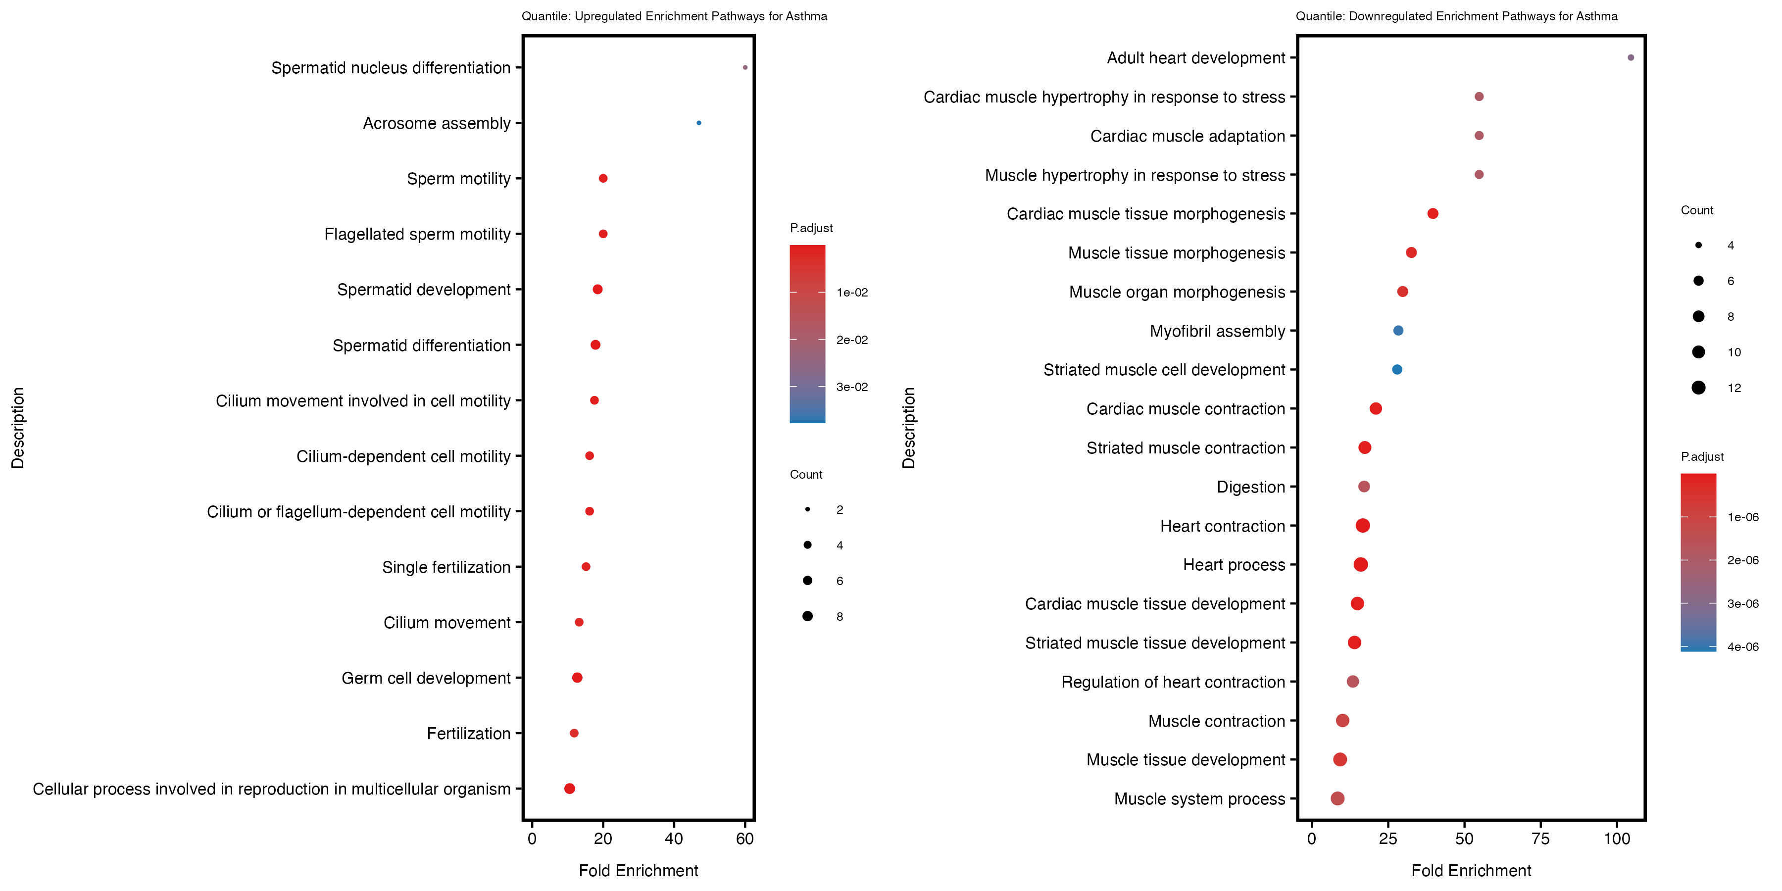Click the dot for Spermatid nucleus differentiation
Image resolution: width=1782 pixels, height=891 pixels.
coord(744,67)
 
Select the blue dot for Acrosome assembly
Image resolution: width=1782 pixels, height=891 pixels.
coord(698,123)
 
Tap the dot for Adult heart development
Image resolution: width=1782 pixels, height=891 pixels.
coord(1631,57)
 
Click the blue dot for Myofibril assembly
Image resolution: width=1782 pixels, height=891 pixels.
coord(1398,331)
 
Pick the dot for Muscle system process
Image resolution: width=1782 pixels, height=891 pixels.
coord(1337,798)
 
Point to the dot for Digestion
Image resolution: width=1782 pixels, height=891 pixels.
coord(1364,486)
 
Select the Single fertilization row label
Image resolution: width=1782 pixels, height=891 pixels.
coord(445,567)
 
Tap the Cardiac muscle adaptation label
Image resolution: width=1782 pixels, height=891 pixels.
coord(1187,136)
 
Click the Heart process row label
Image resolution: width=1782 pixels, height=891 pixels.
coord(1234,565)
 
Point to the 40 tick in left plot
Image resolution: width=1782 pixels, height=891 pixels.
coord(673,839)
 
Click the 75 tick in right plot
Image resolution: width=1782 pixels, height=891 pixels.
coord(1540,839)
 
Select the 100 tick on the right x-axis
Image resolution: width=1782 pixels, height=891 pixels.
coord(1617,839)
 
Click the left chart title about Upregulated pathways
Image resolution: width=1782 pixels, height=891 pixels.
coord(674,16)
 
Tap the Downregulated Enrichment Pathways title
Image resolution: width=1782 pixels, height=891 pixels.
coord(1456,16)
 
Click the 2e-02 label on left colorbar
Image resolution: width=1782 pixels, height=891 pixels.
coord(851,340)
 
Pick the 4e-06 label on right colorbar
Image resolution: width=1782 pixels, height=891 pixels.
coord(1742,647)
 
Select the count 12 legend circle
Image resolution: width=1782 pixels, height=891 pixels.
coord(1698,388)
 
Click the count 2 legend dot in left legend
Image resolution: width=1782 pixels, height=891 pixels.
coord(807,509)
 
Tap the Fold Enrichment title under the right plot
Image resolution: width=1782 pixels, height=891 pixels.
coord(1471,870)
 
